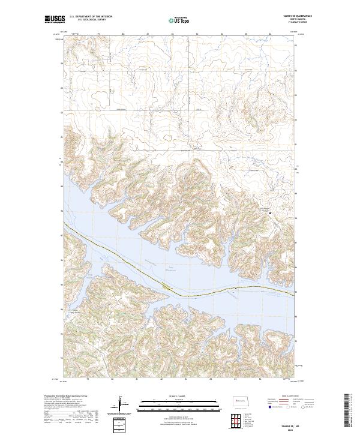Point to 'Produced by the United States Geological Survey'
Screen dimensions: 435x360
64,395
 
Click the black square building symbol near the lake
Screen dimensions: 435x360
269,213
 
